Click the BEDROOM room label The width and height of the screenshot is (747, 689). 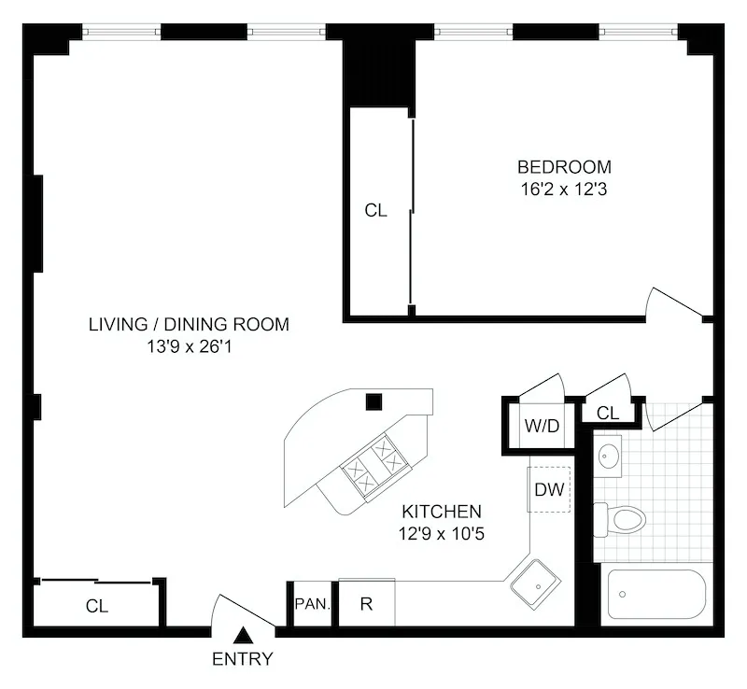[x=564, y=167]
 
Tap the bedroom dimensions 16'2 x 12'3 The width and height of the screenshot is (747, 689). [x=564, y=188]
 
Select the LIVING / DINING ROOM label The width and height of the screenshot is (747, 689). [x=189, y=325]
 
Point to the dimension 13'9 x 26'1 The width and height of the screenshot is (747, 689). [x=189, y=345]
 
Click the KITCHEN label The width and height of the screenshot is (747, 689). [x=442, y=512]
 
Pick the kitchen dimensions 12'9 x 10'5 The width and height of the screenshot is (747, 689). [x=442, y=534]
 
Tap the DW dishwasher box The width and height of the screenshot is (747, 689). [x=549, y=489]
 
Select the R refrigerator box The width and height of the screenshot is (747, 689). [x=366, y=604]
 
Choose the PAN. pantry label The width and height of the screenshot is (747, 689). [x=312, y=604]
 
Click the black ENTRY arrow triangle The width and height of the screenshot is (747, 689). [x=243, y=637]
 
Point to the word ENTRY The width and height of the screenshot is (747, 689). [x=243, y=659]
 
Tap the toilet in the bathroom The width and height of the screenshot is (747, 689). [x=622, y=518]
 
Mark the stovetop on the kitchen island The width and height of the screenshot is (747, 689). [x=372, y=463]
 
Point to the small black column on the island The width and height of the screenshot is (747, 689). [x=373, y=402]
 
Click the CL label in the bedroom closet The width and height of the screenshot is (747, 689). [x=375, y=211]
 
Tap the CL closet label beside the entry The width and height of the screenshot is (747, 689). [x=97, y=606]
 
